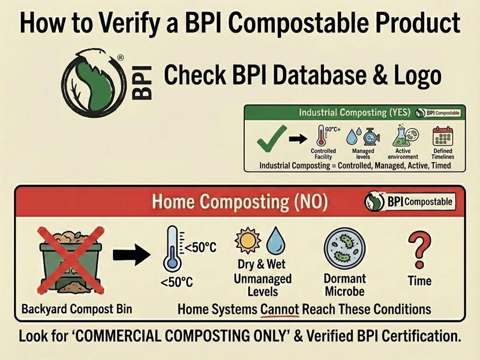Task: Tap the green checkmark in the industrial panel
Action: tap(269, 142)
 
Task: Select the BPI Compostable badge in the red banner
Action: tap(409, 202)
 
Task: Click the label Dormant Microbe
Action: tap(344, 285)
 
